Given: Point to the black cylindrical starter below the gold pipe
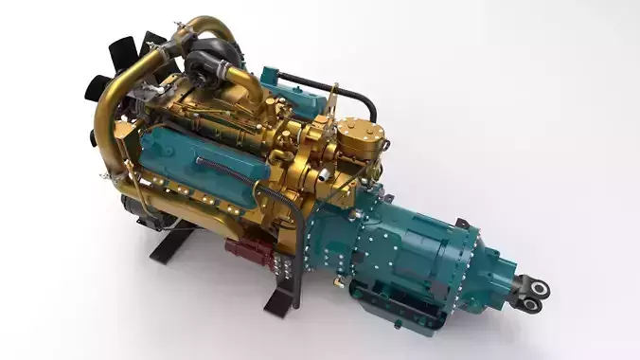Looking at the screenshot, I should [142, 204].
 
